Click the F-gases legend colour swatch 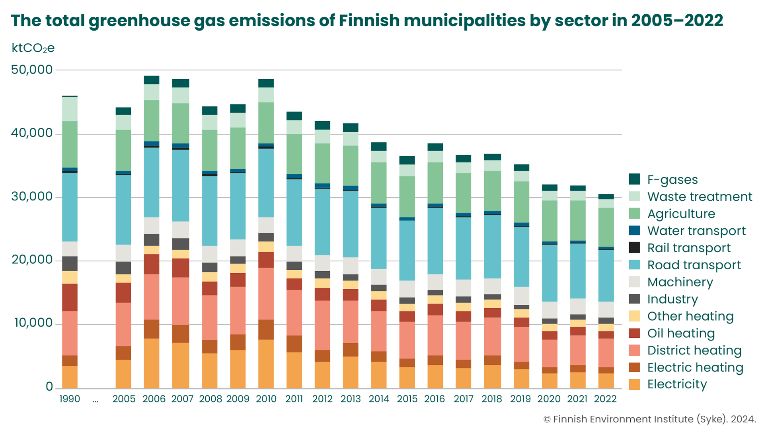point(634,179)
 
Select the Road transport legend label point(694,265)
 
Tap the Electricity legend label point(677,384)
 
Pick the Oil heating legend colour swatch point(634,333)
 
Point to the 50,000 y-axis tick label point(32,70)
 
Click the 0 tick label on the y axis point(49,387)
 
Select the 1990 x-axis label point(70,399)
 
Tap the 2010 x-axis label point(266,399)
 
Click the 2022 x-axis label point(605,399)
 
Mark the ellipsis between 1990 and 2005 point(95,400)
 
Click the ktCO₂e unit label point(33,48)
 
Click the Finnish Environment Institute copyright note point(649,419)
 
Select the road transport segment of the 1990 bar point(70,207)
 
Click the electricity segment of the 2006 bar point(152,363)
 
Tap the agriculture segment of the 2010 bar point(266,123)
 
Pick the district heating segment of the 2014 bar point(379,331)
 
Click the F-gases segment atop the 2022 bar point(606,197)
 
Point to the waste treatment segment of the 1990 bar point(70,109)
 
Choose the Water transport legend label point(696,231)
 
